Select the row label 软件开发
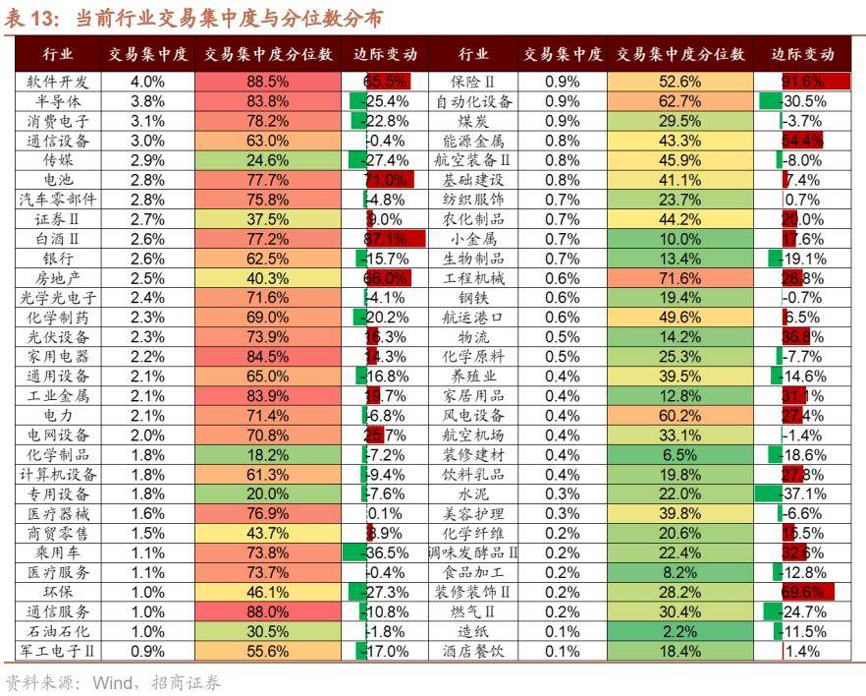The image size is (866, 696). click(58, 82)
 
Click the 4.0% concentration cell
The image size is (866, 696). click(147, 82)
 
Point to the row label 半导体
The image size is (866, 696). click(58, 101)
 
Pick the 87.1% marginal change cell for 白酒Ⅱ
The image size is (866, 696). click(386, 239)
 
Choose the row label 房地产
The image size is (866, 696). click(58, 278)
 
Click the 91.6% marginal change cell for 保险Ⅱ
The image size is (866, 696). click(802, 82)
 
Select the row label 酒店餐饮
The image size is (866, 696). click(473, 651)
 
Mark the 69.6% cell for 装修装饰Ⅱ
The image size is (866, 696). click(802, 592)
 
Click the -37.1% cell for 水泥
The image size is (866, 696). click(802, 493)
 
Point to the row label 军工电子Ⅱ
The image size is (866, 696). click(58, 651)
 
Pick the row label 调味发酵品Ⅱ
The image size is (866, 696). click(473, 552)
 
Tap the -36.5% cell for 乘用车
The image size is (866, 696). click(386, 552)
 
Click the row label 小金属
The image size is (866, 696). click(473, 239)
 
